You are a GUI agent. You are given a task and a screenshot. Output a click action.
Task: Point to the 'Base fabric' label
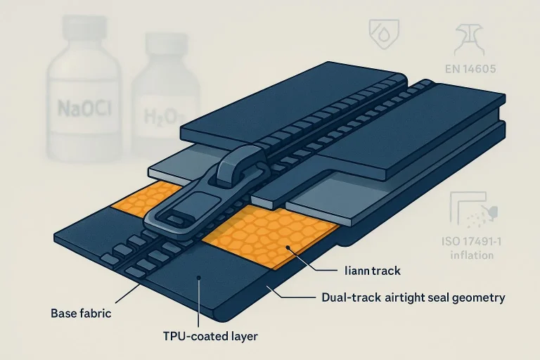pyautogui.click(x=82, y=312)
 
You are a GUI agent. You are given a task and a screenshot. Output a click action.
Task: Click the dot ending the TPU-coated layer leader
pyautogui.click(x=200, y=278)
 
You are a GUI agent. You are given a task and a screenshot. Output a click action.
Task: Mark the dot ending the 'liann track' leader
pyautogui.click(x=288, y=247)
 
